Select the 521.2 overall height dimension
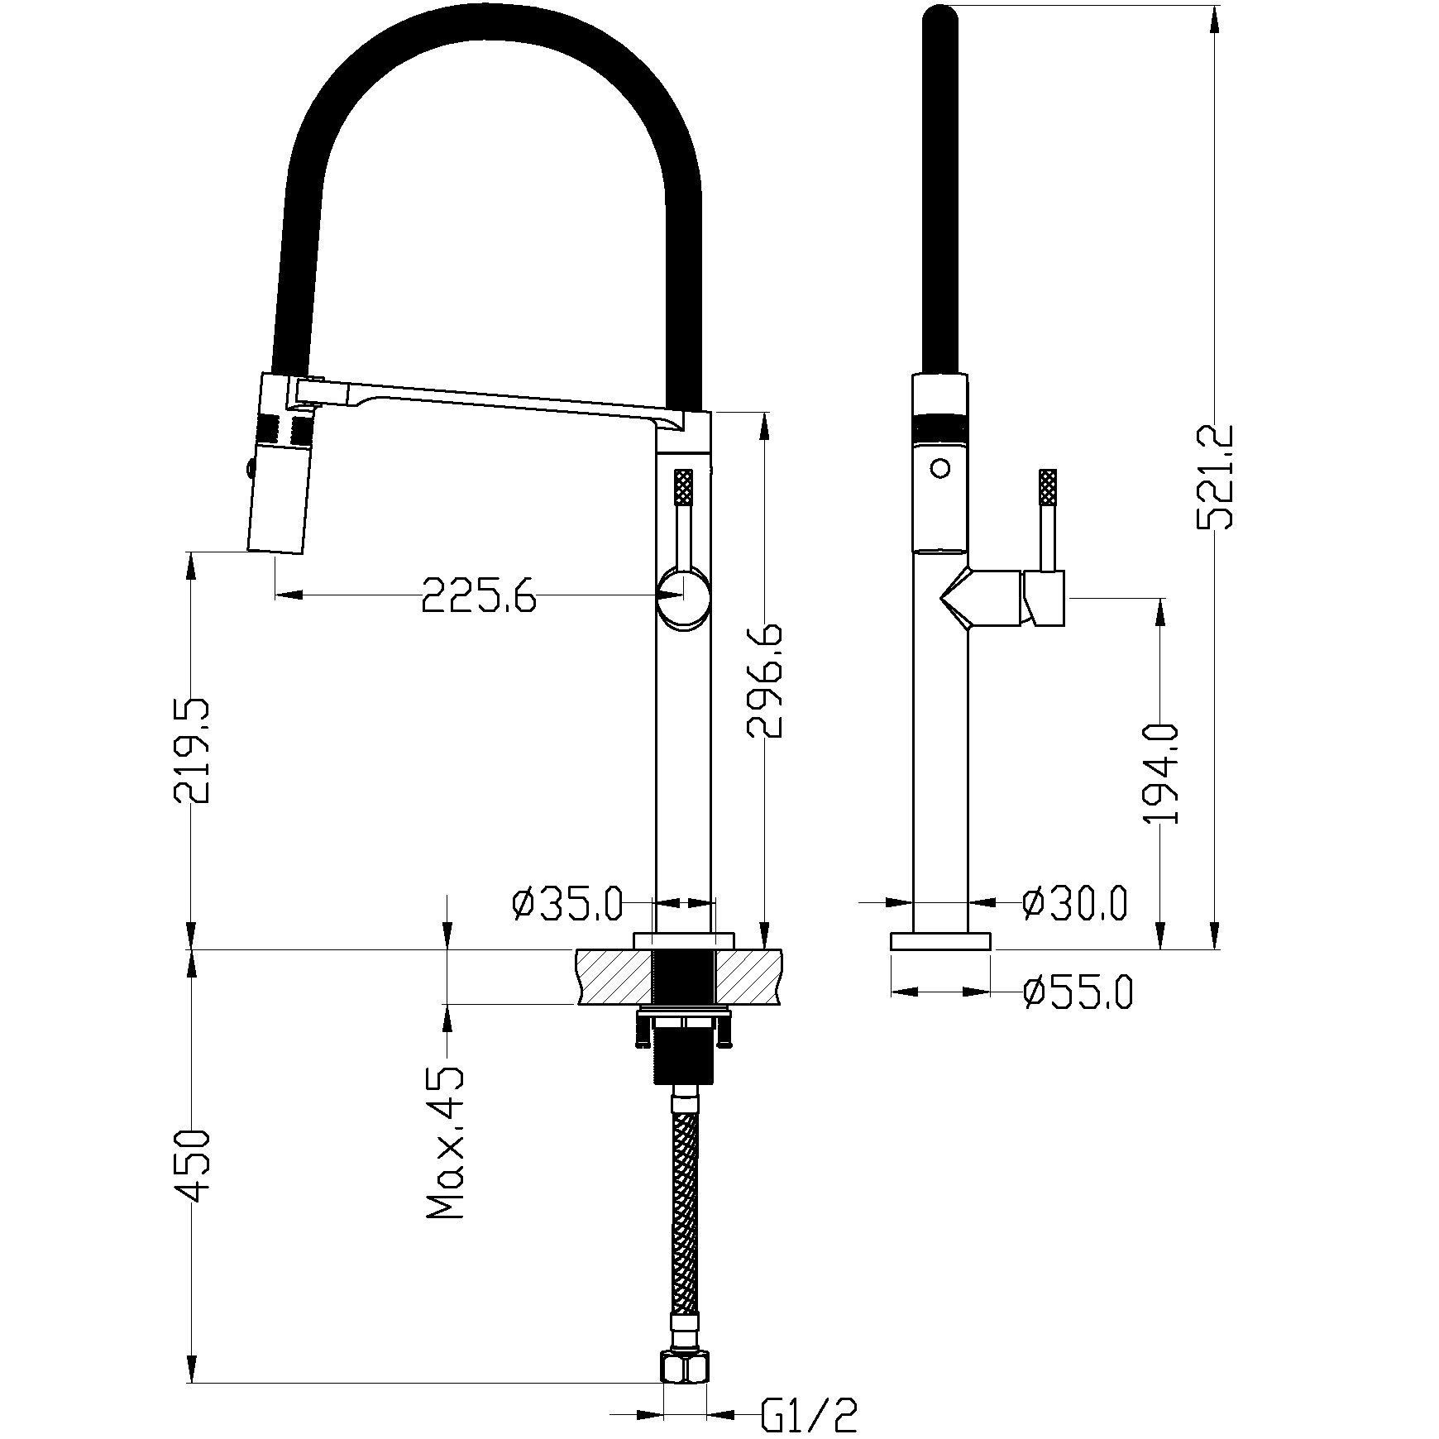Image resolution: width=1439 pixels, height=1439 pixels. tap(1216, 477)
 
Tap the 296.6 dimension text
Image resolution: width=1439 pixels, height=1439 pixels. tap(764, 680)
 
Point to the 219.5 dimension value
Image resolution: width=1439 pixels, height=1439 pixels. tap(192, 751)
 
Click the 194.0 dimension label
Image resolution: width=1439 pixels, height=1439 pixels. tap(1161, 773)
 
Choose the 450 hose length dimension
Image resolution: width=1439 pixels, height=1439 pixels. tap(192, 1165)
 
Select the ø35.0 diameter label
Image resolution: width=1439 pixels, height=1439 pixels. tap(567, 904)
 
